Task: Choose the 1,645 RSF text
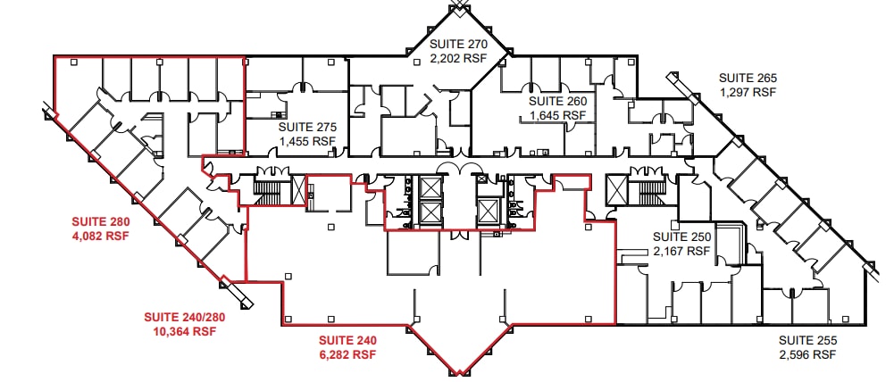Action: click(x=558, y=115)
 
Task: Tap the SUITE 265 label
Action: click(x=748, y=78)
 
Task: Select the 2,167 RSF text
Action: click(x=681, y=251)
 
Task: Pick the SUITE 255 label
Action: click(x=807, y=340)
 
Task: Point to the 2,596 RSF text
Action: click(x=807, y=354)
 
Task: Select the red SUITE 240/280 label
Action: click(x=180, y=317)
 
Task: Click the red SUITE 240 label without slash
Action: click(x=348, y=340)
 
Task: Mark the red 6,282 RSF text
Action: click(x=348, y=354)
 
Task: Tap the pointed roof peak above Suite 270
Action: click(x=460, y=6)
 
